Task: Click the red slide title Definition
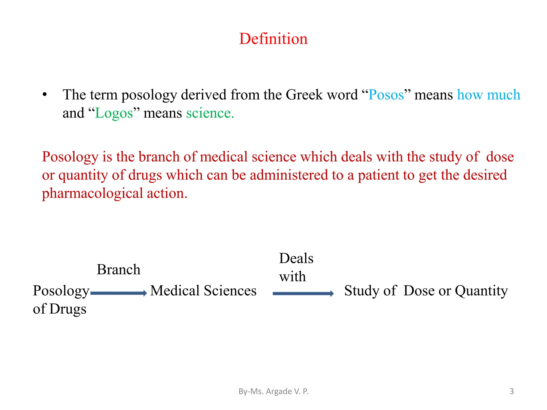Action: pyautogui.click(x=273, y=39)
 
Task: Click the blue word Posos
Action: pyautogui.click(x=386, y=95)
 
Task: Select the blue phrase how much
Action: pyautogui.click(x=489, y=95)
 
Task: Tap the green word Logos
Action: pyautogui.click(x=114, y=113)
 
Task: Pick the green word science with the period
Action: pyautogui.click(x=210, y=113)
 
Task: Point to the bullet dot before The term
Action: pyautogui.click(x=45, y=95)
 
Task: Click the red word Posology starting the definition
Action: pyautogui.click(x=70, y=157)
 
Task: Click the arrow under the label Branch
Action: pyautogui.click(x=119, y=293)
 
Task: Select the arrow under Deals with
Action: pyautogui.click(x=303, y=293)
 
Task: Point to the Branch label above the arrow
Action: pyautogui.click(x=118, y=269)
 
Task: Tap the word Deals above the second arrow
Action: pyautogui.click(x=296, y=258)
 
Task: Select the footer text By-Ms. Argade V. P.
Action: pyautogui.click(x=273, y=391)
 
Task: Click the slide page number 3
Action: pyautogui.click(x=511, y=391)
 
